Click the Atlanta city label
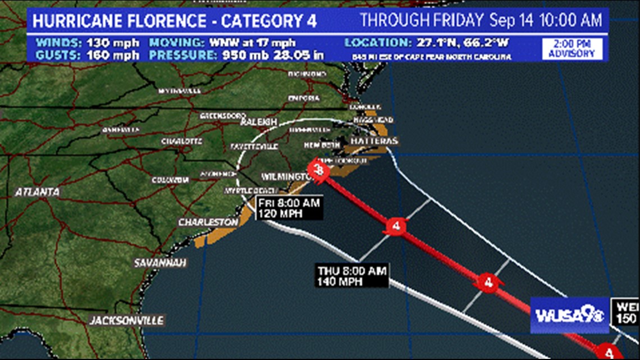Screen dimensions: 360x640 [x=37, y=192]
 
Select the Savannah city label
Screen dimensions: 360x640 [x=161, y=263]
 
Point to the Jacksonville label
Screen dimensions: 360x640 [x=127, y=321]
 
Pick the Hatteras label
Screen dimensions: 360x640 [x=374, y=140]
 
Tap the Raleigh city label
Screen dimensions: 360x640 [x=259, y=122]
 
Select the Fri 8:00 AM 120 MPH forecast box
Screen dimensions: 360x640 [x=289, y=208]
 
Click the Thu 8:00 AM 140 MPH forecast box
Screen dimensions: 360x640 [x=352, y=276]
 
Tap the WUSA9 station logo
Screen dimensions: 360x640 [x=569, y=315]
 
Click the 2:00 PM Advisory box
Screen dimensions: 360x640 [x=572, y=49]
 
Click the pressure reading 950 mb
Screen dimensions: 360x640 [x=240, y=55]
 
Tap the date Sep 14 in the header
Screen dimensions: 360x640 [x=512, y=21]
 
